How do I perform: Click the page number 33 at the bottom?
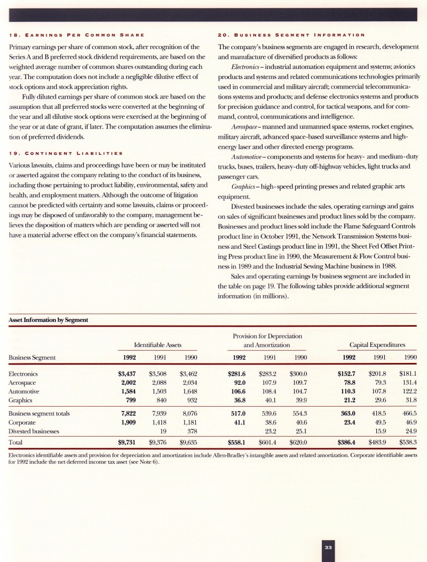tap(328, 547)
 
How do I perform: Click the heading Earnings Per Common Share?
tap(75, 20)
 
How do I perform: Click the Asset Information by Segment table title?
tap(45, 320)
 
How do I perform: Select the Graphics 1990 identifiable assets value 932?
tap(192, 400)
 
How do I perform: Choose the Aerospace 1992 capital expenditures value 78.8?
tap(349, 383)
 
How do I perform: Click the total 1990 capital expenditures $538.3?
tap(408, 442)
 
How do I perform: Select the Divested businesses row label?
tap(33, 431)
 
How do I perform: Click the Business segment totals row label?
tap(39, 413)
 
